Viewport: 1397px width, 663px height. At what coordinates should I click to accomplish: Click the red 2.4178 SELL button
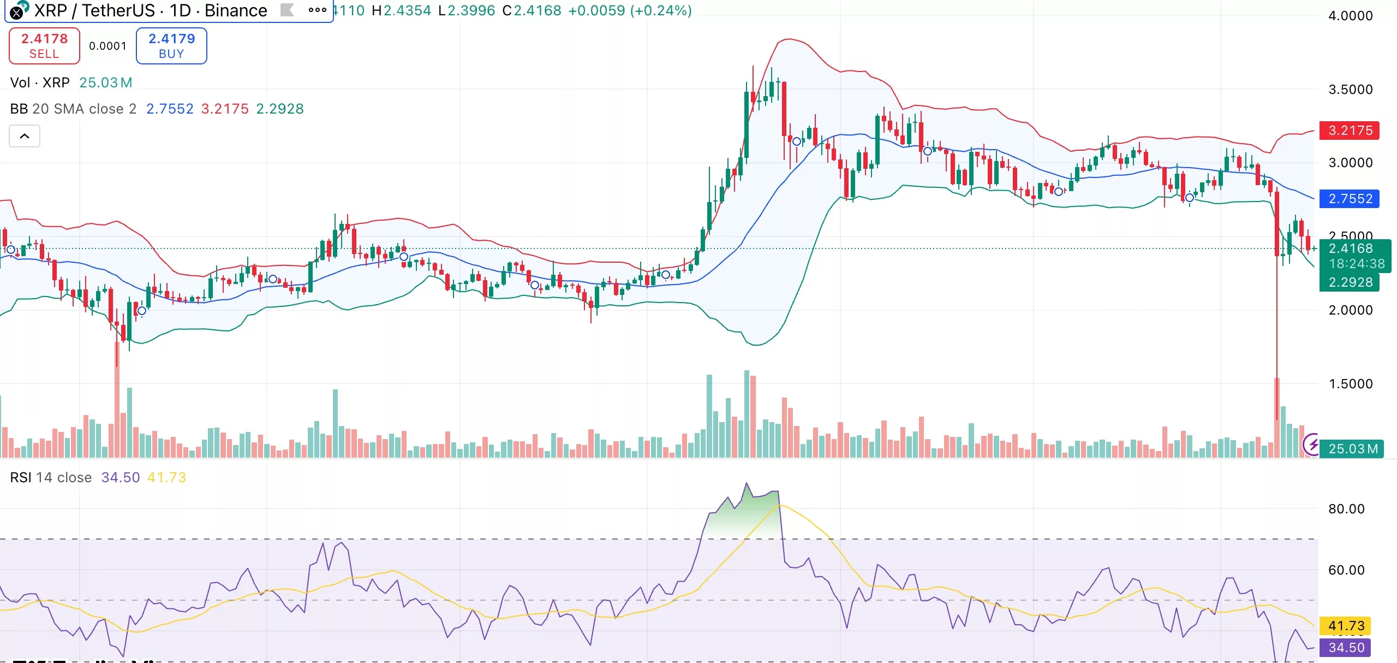coord(44,46)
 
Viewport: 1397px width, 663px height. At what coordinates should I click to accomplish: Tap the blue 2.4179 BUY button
coord(171,46)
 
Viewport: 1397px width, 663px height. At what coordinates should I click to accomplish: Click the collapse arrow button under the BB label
coord(25,136)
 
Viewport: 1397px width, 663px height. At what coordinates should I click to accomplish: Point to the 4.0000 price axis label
coord(1350,16)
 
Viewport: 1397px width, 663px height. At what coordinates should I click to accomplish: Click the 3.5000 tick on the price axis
coord(1350,90)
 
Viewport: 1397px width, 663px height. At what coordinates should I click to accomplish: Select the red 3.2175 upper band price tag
coord(1350,131)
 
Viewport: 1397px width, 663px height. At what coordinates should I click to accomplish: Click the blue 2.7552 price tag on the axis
coord(1350,199)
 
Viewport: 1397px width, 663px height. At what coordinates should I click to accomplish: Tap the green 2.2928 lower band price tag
coord(1350,282)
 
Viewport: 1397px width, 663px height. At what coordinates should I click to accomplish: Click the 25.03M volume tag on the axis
coord(1352,449)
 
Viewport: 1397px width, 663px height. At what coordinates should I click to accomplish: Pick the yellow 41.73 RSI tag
coord(1346,626)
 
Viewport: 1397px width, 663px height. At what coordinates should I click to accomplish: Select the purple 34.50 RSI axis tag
coord(1346,648)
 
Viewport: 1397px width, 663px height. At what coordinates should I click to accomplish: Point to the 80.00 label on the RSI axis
coord(1346,509)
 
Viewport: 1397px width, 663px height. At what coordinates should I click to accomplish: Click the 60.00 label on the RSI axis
coord(1346,570)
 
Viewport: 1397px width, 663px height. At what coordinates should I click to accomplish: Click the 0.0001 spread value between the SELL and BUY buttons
coord(108,46)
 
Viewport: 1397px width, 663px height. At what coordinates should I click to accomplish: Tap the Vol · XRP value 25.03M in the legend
coord(106,82)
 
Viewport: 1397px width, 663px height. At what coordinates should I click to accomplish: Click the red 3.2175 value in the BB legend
coord(225,109)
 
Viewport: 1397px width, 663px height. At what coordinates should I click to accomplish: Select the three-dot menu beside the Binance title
coord(317,10)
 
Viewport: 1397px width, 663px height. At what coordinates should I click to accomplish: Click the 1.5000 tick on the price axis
coord(1350,384)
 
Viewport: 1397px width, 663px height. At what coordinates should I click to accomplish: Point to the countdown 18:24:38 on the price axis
coord(1357,264)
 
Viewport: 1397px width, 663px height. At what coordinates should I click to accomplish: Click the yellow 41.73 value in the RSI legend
coord(166,477)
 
